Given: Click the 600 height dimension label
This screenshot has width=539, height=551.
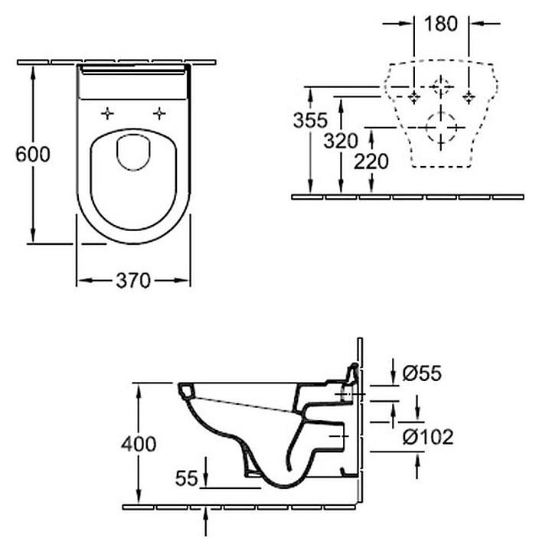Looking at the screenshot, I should click(33, 154).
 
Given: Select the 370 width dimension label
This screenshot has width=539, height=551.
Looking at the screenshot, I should click(133, 281).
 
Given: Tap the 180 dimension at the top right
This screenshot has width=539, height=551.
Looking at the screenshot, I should click(440, 23).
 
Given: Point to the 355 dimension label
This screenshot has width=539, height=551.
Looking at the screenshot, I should click(310, 120).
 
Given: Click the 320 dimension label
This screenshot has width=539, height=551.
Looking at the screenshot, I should click(341, 141).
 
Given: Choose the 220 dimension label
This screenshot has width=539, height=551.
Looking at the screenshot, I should click(371, 161).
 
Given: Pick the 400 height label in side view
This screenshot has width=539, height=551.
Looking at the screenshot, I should click(139, 444).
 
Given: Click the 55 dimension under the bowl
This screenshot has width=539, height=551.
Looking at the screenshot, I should click(187, 478).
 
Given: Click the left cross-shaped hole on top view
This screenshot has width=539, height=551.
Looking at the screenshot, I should click(107, 114).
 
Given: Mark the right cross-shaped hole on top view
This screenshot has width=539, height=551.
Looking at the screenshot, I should click(159, 114).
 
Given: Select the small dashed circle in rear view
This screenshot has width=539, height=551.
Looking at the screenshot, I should click(441, 86).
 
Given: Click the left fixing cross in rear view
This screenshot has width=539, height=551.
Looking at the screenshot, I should click(414, 97).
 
